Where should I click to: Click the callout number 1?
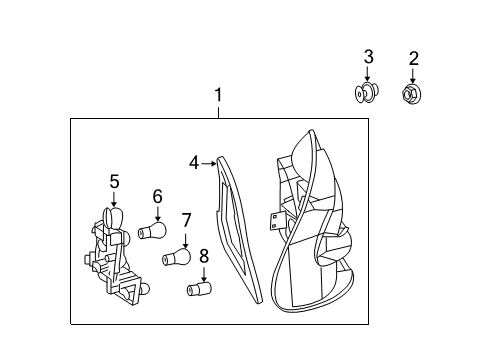(x=218, y=95)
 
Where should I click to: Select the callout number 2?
(x=413, y=59)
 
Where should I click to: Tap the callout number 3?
(x=368, y=57)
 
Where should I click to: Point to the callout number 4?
(x=194, y=163)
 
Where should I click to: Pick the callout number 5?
(x=114, y=182)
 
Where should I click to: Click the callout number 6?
(x=158, y=196)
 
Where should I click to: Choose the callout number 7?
(x=186, y=220)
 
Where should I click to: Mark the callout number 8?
(x=204, y=256)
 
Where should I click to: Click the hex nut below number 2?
(x=412, y=94)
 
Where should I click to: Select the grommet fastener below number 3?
(x=367, y=92)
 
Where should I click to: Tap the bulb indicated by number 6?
(x=152, y=230)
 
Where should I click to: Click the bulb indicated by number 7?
(x=177, y=257)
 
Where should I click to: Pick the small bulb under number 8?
(x=200, y=288)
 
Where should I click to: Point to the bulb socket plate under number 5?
(x=116, y=256)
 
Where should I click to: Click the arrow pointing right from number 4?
(x=209, y=163)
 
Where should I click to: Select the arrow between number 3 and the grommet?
(x=368, y=74)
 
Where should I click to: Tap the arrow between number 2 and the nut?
(x=413, y=76)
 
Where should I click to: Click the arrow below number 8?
(x=204, y=274)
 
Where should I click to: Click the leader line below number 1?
(x=218, y=112)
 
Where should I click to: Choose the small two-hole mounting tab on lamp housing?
(x=274, y=221)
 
